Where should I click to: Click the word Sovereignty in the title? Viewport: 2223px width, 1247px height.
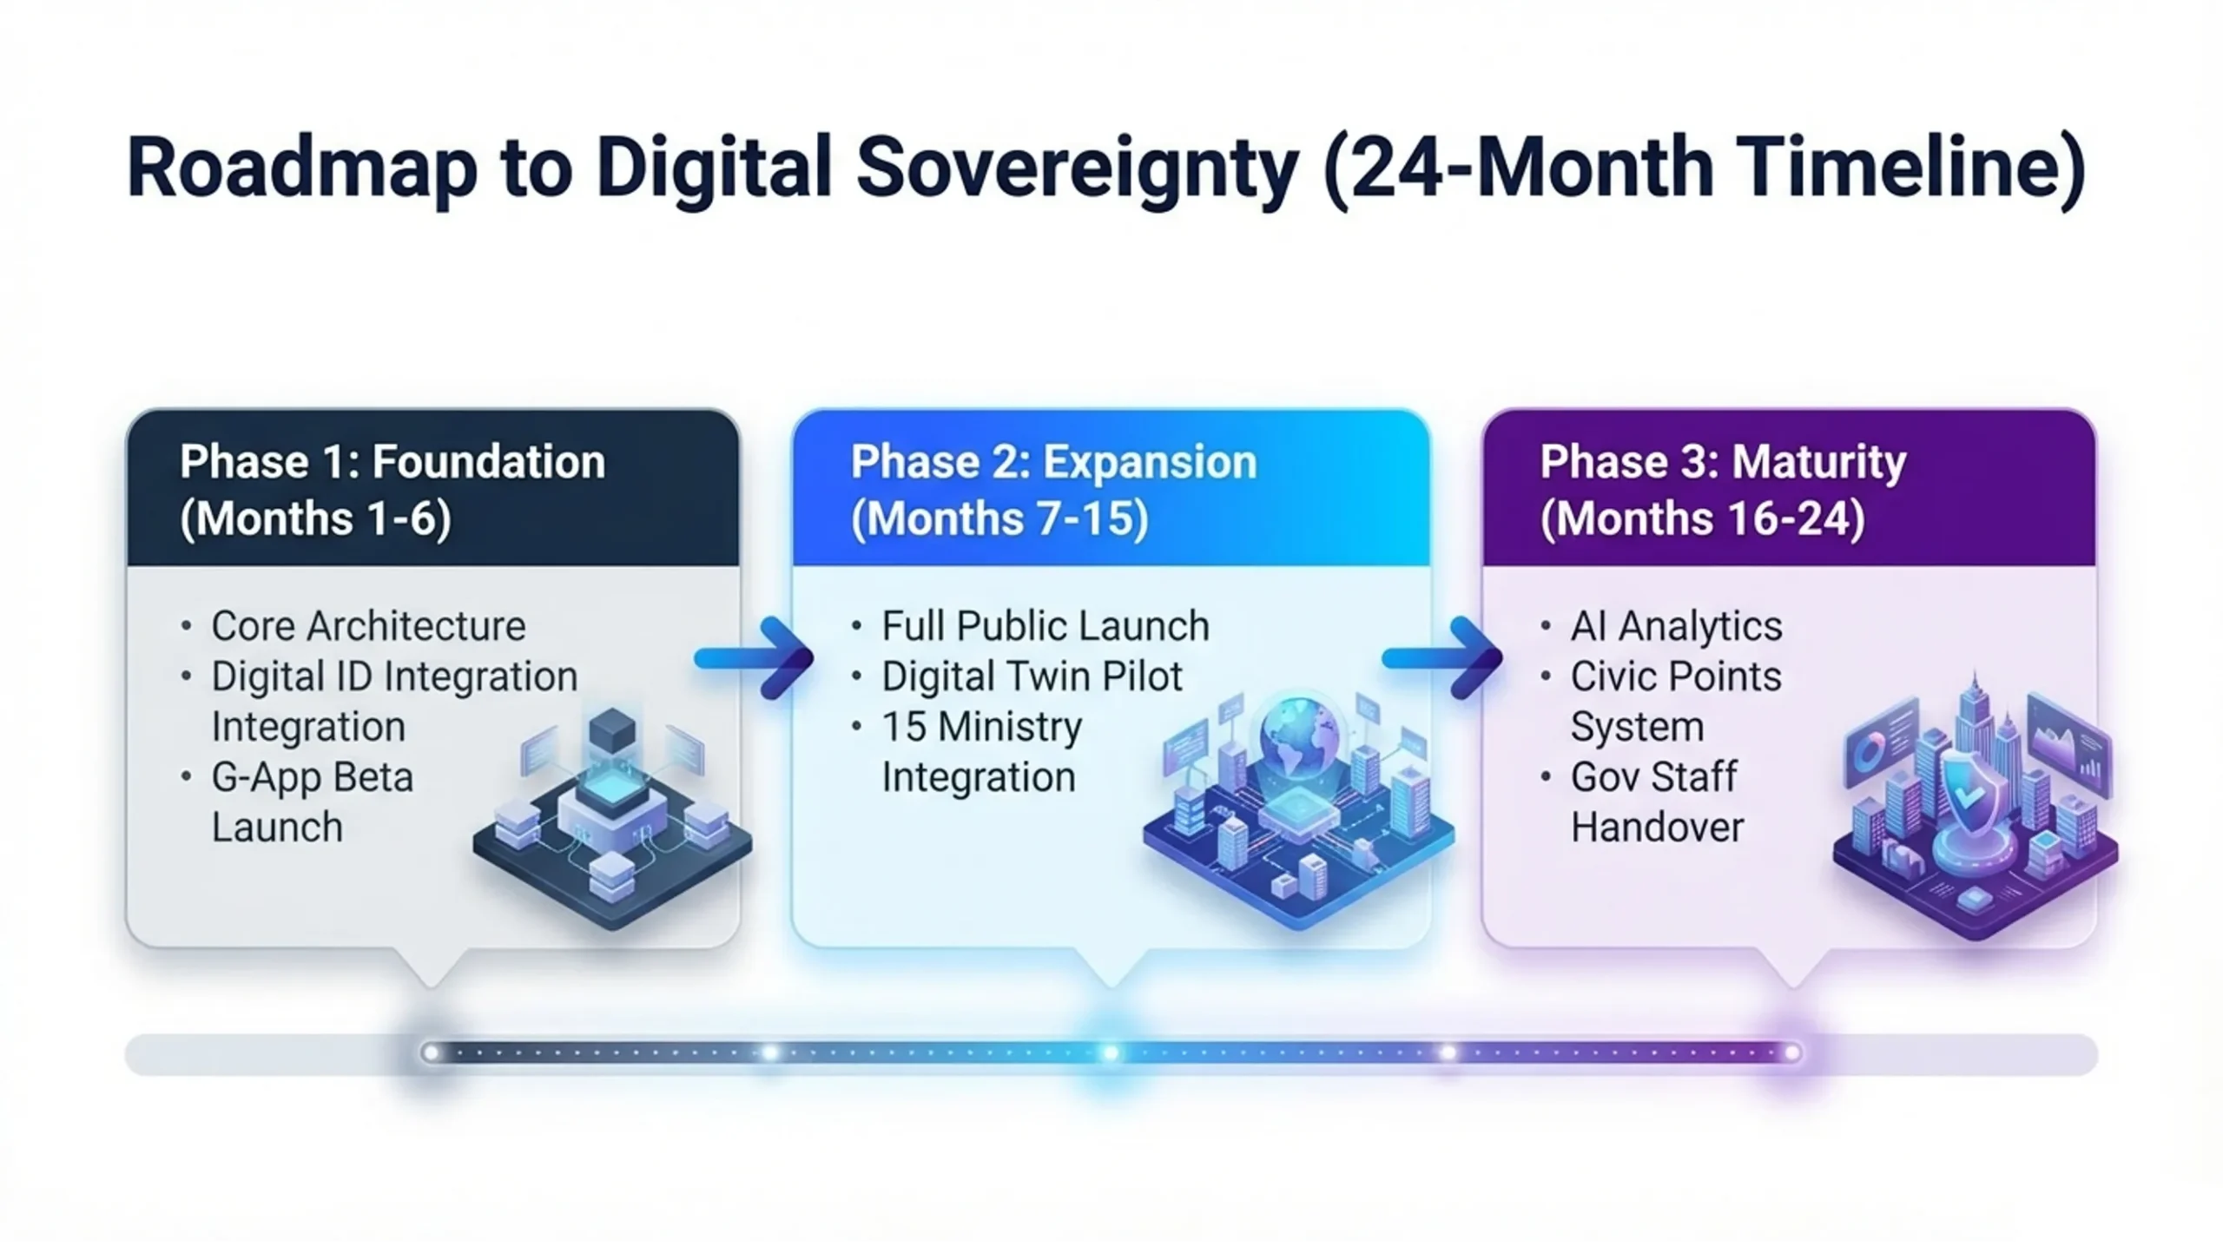[1078, 168]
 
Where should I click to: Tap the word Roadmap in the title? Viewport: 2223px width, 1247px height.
[302, 168]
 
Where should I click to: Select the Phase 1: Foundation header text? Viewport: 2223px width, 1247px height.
[392, 461]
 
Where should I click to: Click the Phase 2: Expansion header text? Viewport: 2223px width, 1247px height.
[1054, 461]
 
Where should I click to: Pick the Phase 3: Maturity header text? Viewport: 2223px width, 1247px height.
[1723, 461]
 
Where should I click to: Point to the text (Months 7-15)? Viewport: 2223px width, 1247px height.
[999, 518]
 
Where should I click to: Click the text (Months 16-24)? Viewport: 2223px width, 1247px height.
[1702, 518]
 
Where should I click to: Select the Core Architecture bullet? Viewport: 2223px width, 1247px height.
[368, 626]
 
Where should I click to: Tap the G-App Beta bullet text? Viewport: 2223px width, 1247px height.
[313, 777]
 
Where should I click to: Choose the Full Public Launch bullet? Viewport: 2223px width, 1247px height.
[1046, 626]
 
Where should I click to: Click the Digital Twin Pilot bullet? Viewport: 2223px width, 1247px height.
[1032, 676]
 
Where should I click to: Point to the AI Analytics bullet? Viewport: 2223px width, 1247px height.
[1676, 626]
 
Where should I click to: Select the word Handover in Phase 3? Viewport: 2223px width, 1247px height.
[1657, 828]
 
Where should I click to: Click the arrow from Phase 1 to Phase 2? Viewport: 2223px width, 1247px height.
[754, 658]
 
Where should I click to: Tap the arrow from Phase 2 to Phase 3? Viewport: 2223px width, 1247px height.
[1442, 658]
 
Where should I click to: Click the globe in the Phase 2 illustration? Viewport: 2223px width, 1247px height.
[1300, 735]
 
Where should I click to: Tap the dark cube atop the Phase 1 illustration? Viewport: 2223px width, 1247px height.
[612, 729]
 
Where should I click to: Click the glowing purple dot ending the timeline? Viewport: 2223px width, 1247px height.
[1792, 1053]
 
